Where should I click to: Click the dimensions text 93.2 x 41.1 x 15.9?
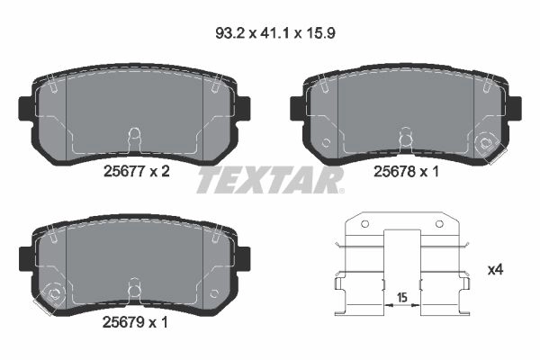275,33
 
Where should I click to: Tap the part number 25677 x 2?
137,171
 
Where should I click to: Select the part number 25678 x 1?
407,171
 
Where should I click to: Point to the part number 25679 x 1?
135,322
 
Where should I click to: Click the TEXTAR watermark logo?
270,180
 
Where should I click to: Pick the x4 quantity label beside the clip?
496,270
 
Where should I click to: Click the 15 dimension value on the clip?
402,297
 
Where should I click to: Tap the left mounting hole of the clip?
365,224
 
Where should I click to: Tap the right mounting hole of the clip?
439,224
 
